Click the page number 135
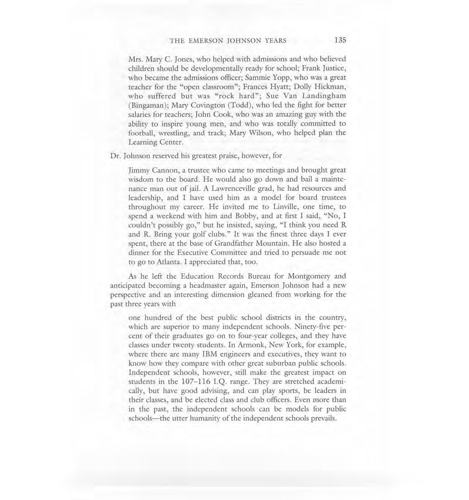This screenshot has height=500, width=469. tap(340, 40)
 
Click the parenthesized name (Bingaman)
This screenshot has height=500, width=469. tap(147, 105)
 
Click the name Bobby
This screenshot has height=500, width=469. tap(246, 216)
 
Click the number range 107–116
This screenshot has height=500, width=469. tap(199, 381)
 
